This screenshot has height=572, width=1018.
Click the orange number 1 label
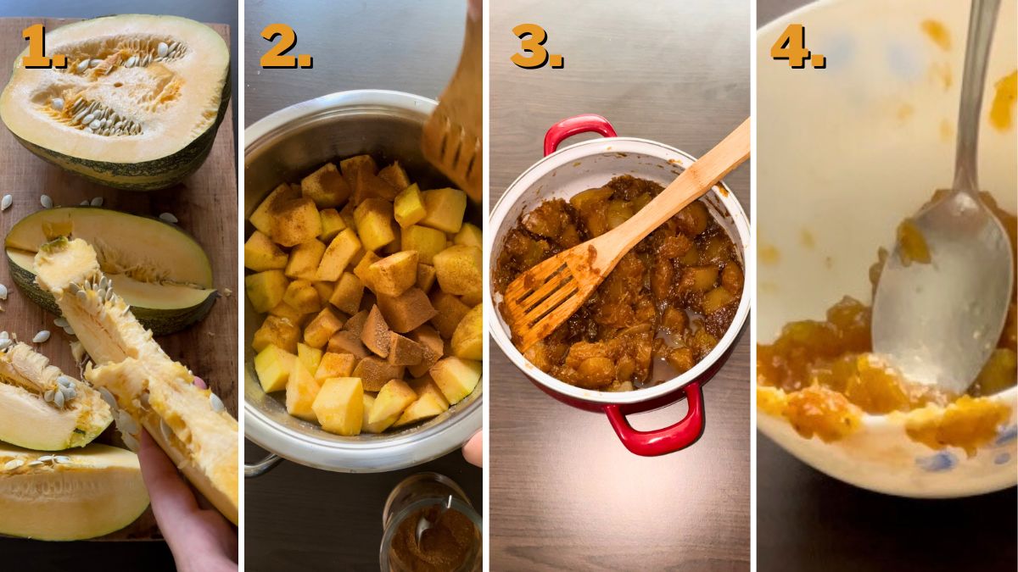tap(42, 46)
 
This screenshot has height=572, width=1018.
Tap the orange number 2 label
tap(285, 46)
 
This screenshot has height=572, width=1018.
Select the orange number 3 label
tap(536, 46)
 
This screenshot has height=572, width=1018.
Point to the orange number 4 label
tap(797, 46)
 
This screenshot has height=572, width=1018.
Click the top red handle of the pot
tap(579, 131)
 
